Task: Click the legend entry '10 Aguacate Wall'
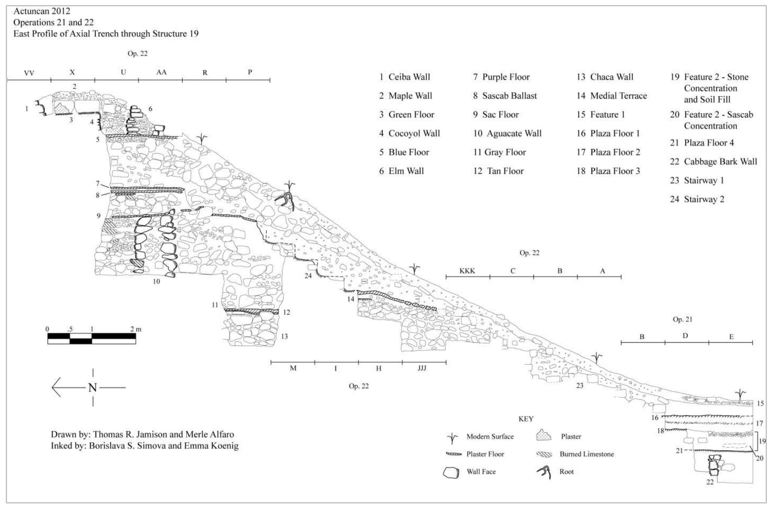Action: [x=507, y=133]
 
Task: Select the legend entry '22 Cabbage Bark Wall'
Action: [x=713, y=161]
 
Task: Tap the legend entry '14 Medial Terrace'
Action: [x=612, y=96]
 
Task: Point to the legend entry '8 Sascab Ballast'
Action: [x=505, y=96]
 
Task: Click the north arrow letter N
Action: [x=92, y=387]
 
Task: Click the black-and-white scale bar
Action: [x=92, y=338]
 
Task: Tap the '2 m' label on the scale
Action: [x=136, y=329]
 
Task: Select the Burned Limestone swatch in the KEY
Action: [x=544, y=454]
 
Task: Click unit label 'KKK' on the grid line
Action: [x=467, y=271]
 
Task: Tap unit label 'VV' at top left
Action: [x=29, y=73]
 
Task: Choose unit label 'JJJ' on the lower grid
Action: [x=422, y=368]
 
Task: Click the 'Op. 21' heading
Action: [x=682, y=319]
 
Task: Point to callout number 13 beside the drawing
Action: [x=284, y=336]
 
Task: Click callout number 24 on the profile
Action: [x=308, y=276]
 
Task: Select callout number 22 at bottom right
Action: [x=710, y=482]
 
